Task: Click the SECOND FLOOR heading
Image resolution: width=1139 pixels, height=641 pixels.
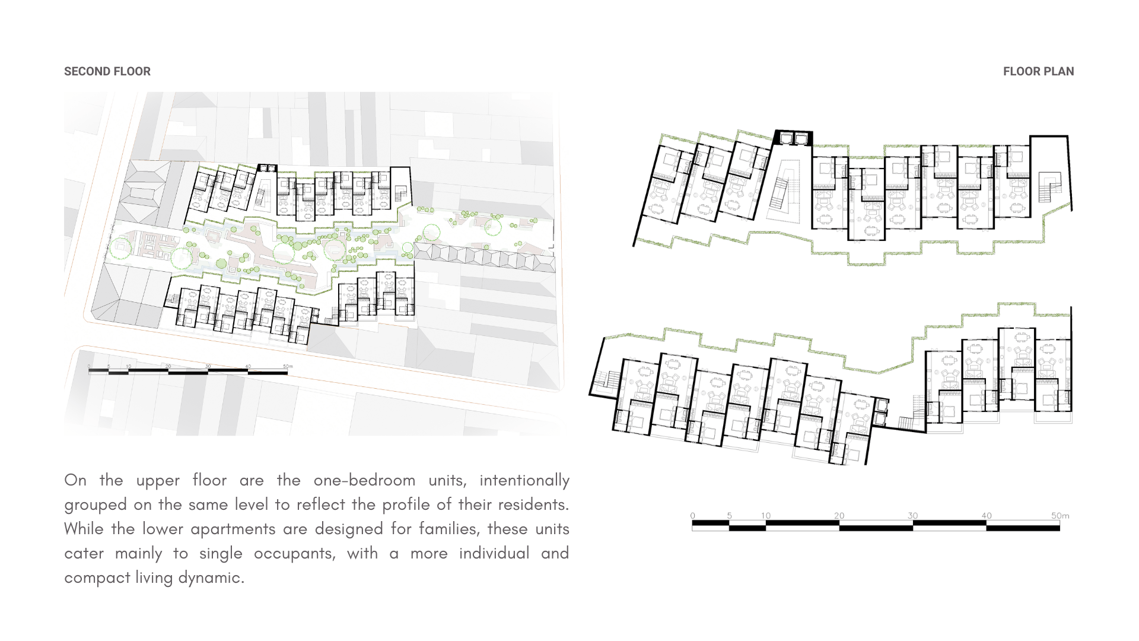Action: (107, 72)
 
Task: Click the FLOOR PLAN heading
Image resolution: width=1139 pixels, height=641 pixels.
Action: (1038, 72)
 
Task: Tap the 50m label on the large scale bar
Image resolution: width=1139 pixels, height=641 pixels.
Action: (1060, 516)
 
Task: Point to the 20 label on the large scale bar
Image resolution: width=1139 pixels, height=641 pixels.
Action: (839, 516)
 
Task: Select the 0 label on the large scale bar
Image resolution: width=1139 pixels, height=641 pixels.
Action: (692, 516)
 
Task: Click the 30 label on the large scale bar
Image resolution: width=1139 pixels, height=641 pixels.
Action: (912, 516)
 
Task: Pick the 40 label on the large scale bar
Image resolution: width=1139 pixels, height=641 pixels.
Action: (986, 516)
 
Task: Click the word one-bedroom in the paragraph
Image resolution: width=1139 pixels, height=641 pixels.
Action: (364, 480)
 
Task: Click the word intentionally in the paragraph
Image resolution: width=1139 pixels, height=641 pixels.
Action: (524, 480)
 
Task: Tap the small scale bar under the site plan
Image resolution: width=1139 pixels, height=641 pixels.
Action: (187, 372)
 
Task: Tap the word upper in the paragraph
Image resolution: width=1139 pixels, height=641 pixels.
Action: (158, 480)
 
